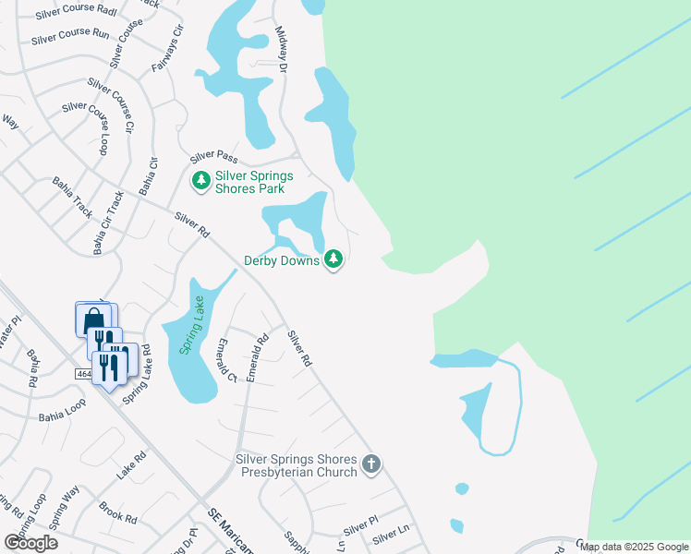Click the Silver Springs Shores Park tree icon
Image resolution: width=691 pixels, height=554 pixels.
click(x=200, y=181)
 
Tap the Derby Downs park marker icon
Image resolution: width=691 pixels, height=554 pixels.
click(x=333, y=260)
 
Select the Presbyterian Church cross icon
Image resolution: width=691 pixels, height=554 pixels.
click(x=371, y=464)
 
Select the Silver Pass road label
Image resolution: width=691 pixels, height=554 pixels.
click(x=214, y=156)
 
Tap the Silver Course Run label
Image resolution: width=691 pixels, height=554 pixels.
click(x=70, y=35)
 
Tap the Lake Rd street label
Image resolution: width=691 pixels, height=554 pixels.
click(x=132, y=464)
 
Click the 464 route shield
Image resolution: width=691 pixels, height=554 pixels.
click(x=84, y=374)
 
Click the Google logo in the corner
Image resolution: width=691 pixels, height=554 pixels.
click(x=31, y=543)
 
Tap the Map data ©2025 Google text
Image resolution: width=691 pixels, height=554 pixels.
click(x=634, y=547)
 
